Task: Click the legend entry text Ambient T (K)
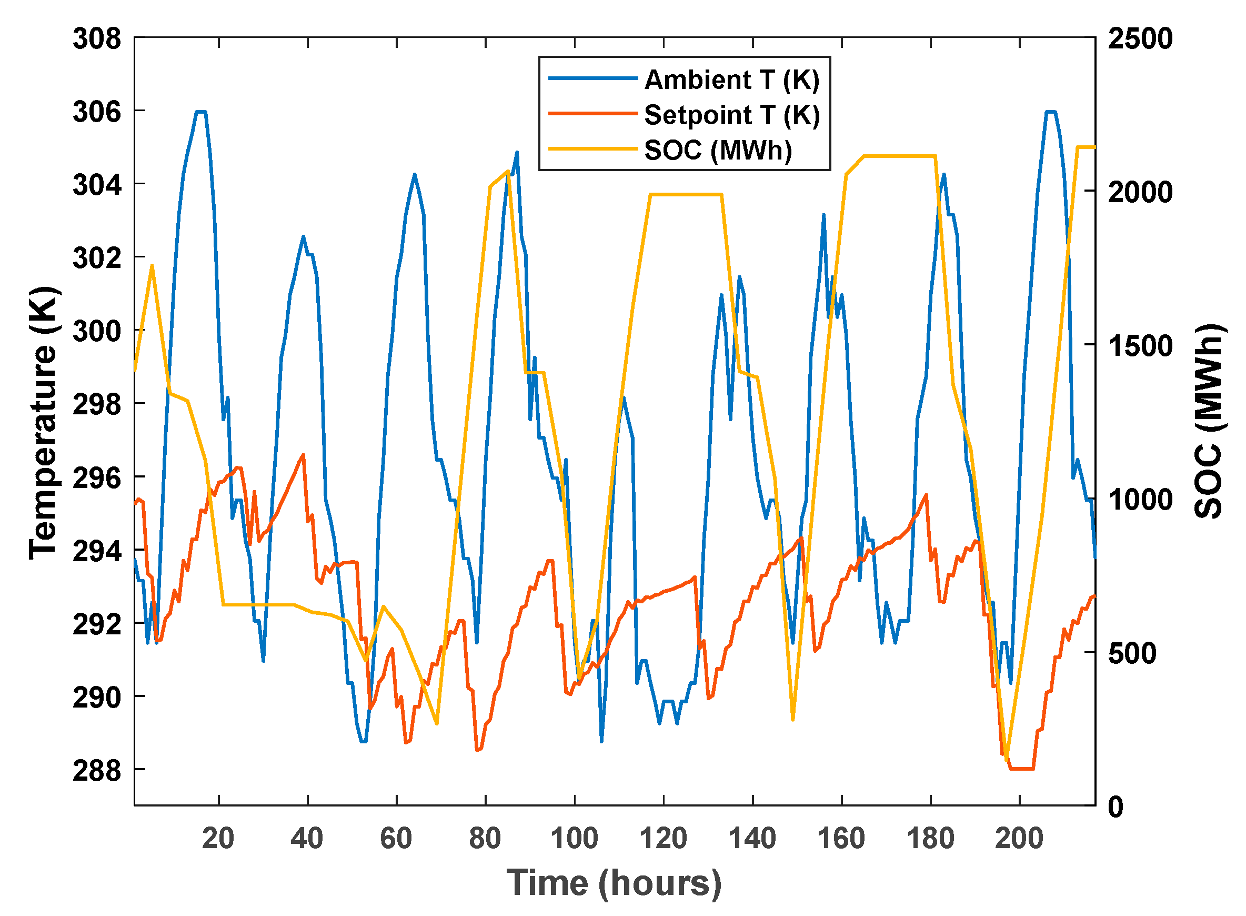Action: click(x=731, y=80)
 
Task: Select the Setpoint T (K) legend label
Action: click(x=731, y=115)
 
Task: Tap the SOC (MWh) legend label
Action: click(x=718, y=150)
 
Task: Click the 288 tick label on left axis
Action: click(x=97, y=770)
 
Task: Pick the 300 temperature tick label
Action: click(x=97, y=332)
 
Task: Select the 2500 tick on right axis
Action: click(x=1140, y=39)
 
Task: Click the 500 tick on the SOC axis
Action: click(x=1132, y=653)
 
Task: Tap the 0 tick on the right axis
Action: click(x=1115, y=807)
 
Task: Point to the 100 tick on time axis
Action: click(x=574, y=838)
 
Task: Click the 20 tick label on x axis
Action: click(x=218, y=838)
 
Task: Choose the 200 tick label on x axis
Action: click(x=1019, y=838)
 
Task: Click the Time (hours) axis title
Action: click(x=614, y=883)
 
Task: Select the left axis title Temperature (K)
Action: click(x=43, y=423)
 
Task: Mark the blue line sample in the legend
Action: click(x=593, y=78)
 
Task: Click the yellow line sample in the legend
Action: click(x=593, y=148)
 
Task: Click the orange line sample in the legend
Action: click(x=593, y=114)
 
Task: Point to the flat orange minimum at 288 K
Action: click(x=1021, y=769)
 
